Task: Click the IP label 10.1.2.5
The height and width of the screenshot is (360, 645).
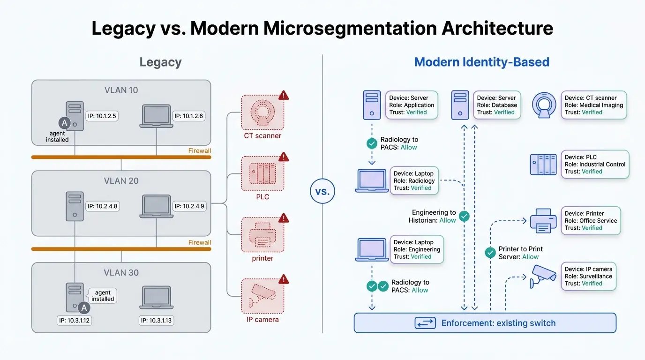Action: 102,116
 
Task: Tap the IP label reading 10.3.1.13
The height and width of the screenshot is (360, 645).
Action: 157,321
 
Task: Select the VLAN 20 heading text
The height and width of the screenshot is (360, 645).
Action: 121,180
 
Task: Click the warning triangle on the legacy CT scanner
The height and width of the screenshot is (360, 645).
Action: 284,96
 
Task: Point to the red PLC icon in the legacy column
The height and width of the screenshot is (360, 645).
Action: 262,173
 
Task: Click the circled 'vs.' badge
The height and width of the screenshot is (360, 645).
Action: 322,192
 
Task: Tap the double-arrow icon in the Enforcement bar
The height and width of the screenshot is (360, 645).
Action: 425,323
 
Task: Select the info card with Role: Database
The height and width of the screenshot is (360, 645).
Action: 497,105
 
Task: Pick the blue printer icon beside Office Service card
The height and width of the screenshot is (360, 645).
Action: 543,221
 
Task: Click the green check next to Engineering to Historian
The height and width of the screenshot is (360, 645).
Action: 464,216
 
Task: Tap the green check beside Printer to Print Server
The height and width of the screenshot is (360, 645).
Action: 490,253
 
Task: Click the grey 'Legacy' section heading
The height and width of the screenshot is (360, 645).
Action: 160,62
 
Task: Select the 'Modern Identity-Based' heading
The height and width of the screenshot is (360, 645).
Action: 481,62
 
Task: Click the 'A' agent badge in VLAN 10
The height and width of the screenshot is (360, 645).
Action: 64,123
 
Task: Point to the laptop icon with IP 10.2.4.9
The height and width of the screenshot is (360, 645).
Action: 156,207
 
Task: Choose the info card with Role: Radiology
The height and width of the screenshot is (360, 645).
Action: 414,180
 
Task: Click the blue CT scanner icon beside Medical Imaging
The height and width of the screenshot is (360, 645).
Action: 545,105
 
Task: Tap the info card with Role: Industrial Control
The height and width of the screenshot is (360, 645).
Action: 595,164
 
